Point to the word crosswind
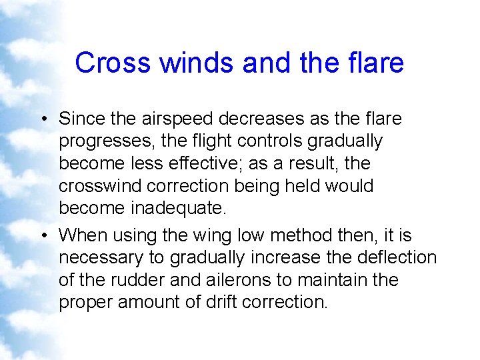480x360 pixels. point(99,186)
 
